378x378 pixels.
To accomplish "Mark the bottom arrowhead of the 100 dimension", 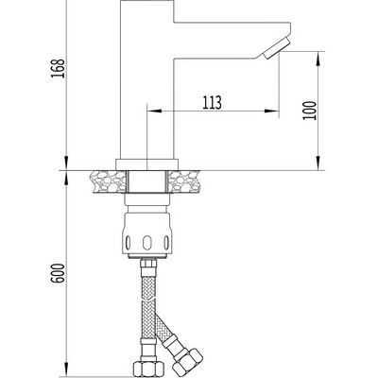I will pos(315,164).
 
